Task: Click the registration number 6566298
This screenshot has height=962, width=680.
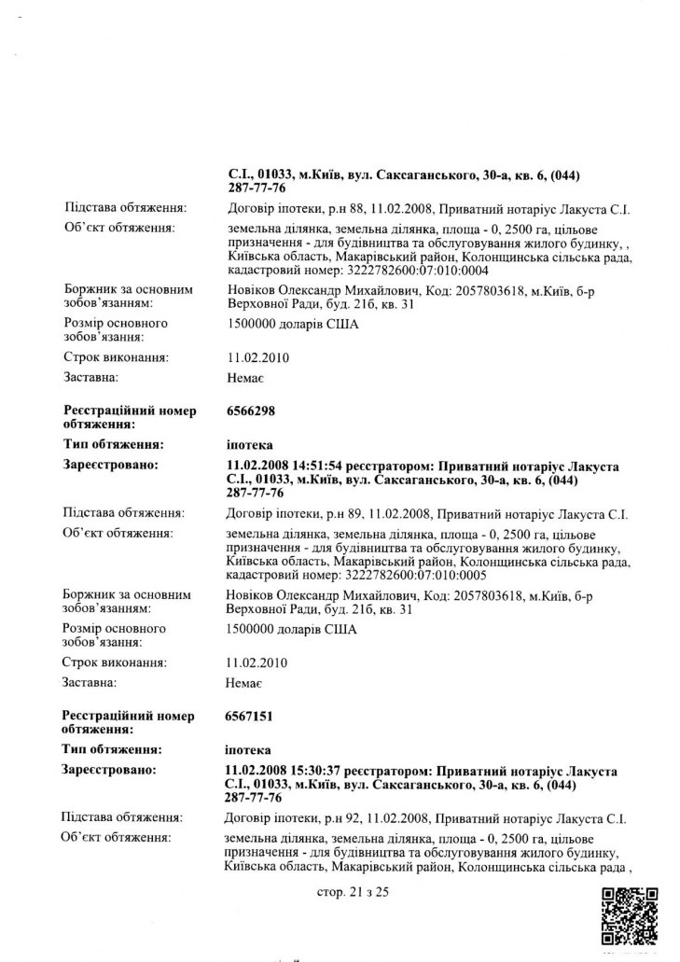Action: coord(251,411)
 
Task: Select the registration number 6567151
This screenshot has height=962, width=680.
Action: coord(250,717)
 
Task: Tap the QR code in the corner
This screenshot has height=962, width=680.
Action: coord(631,916)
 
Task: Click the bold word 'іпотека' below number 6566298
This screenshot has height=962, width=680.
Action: coord(249,444)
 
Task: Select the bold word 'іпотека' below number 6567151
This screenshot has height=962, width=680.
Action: coord(249,750)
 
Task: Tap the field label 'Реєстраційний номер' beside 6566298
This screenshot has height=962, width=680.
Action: coord(129,411)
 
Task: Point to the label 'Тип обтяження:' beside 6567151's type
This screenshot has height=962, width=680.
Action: coord(112,750)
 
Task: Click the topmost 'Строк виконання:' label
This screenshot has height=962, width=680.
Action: coord(116,357)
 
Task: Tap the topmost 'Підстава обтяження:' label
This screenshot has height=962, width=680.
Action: coord(125,207)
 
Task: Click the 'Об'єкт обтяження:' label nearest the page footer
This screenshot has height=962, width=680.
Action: coord(118,838)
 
